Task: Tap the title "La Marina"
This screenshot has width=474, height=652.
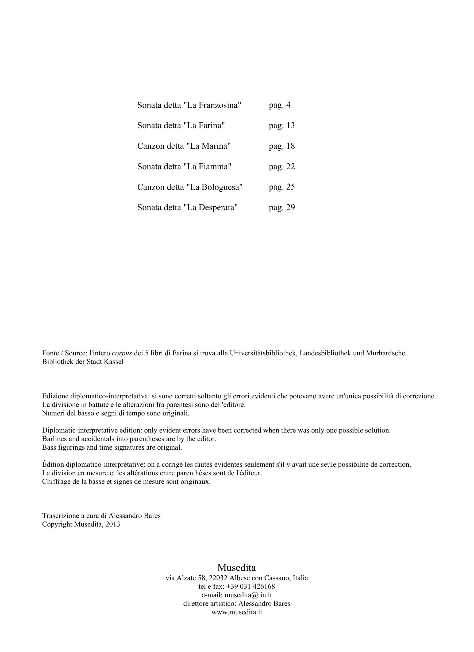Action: coord(208,146)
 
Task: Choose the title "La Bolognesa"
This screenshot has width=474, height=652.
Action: coord(214,187)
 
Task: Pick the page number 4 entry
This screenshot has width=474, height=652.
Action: coord(288,105)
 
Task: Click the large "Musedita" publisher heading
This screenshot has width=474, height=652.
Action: coord(237,567)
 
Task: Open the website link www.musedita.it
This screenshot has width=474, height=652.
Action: coord(237,612)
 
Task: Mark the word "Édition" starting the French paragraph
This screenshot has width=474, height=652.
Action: coord(53,464)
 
